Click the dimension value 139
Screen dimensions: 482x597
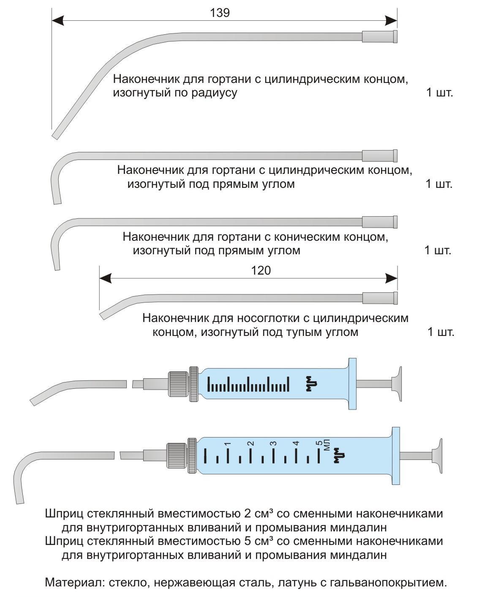coord(220,13)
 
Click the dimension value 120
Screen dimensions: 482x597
coord(261,270)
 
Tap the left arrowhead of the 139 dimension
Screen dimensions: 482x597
coord(58,21)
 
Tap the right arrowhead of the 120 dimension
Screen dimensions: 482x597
coord(391,278)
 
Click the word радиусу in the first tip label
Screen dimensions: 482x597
coord(214,93)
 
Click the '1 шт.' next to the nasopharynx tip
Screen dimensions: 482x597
coord(441,332)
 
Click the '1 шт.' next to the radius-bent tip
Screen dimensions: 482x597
coord(439,93)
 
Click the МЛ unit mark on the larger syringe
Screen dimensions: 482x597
coord(327,445)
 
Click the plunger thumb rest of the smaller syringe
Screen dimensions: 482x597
coord(397,384)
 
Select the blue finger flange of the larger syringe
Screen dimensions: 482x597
coord(395,456)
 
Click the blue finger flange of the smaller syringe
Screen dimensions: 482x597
coord(352,384)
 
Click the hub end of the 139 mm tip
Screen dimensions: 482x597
coord(380,36)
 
